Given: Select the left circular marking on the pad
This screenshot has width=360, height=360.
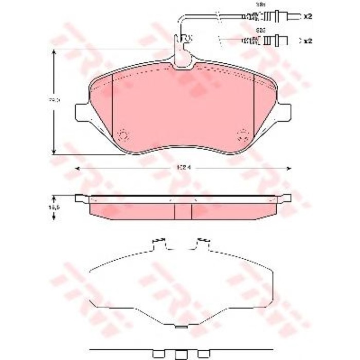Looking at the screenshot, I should [122, 135].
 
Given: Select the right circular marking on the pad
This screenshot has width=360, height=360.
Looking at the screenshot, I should [242, 135].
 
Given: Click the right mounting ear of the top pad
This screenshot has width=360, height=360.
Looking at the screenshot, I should [284, 112].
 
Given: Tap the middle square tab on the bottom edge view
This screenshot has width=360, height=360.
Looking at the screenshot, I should [182, 354].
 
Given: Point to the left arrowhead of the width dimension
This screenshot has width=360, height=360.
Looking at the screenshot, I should [78, 169].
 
